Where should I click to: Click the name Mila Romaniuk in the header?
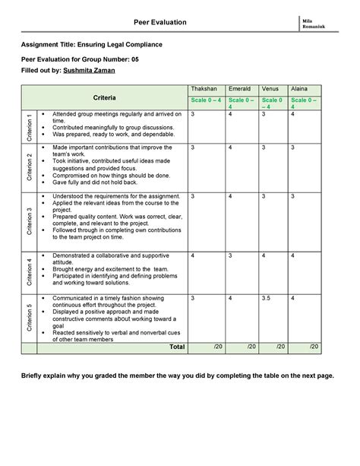314,23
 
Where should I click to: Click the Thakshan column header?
205,89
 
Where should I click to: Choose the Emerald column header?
241,89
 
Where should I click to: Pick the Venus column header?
270,89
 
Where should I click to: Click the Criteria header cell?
105,99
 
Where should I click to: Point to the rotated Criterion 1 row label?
29,125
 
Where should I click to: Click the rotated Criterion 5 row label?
29,318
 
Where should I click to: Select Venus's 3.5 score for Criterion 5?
267,298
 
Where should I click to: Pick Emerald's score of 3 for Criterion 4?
230,255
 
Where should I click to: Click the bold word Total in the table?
175,347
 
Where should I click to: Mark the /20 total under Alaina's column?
314,347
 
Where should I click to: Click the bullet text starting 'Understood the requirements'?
116,196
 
